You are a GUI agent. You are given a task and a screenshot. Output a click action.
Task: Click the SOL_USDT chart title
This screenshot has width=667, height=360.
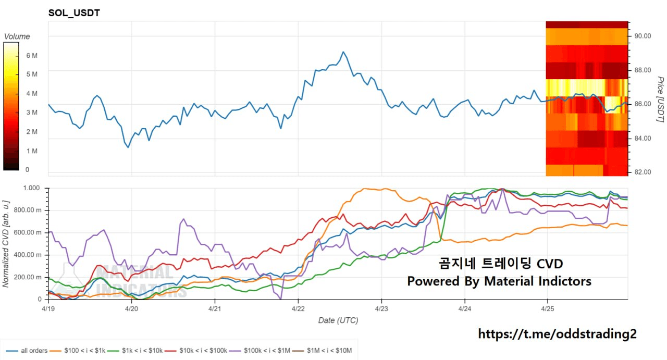point(74,13)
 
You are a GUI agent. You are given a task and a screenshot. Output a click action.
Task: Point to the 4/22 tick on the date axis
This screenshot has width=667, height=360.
point(298,308)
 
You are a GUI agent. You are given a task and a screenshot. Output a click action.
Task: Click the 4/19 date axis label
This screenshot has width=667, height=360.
point(48,308)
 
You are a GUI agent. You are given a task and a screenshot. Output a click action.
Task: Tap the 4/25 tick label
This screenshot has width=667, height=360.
point(547,308)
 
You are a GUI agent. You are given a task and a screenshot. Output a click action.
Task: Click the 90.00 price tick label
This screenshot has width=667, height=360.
point(643,36)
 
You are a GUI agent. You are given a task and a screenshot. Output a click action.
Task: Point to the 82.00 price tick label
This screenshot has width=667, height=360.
point(643,172)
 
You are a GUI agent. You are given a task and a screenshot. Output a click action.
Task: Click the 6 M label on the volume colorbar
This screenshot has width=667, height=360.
point(32,55)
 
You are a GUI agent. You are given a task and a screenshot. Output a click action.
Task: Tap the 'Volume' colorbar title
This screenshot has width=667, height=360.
point(17,36)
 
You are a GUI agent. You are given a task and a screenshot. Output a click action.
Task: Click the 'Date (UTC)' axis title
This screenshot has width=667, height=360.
point(338,320)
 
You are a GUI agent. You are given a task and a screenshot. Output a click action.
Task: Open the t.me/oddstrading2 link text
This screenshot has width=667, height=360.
point(557,334)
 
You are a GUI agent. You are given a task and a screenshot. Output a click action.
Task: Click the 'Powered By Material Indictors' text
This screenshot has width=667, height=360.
point(499,281)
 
